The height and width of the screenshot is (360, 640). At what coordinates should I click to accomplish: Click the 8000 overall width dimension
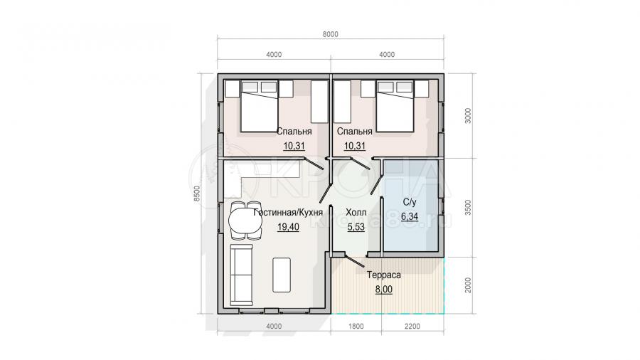click(x=330, y=34)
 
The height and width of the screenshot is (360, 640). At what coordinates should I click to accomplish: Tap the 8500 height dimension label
click(x=197, y=194)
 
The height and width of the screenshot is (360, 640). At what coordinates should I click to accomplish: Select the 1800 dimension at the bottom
click(x=356, y=326)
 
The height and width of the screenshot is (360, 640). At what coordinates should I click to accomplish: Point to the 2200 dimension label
click(x=412, y=326)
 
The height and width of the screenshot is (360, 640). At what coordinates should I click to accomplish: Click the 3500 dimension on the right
click(x=468, y=207)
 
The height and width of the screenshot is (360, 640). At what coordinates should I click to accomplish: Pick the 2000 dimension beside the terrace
click(x=468, y=285)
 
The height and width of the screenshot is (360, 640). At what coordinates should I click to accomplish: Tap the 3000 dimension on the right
click(x=468, y=115)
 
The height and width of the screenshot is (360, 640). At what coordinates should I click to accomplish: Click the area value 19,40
click(x=288, y=227)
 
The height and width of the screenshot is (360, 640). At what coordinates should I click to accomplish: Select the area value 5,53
click(x=356, y=227)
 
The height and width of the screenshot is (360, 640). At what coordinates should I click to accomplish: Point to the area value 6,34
click(x=410, y=216)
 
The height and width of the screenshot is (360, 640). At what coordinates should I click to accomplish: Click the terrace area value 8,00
click(x=384, y=290)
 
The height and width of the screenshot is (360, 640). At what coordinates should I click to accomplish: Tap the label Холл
click(x=356, y=213)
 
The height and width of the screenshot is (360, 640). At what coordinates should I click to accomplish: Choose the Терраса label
click(x=384, y=275)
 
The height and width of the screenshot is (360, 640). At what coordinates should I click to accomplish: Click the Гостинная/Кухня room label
click(x=288, y=213)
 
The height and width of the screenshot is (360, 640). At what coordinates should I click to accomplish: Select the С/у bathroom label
click(x=410, y=202)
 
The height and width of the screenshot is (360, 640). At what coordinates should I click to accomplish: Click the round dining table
click(x=245, y=221)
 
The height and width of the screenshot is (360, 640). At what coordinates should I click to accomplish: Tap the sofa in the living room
click(x=242, y=275)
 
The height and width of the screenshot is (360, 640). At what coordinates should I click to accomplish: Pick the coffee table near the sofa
click(x=282, y=275)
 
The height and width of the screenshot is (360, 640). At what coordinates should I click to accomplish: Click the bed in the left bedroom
click(x=259, y=106)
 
